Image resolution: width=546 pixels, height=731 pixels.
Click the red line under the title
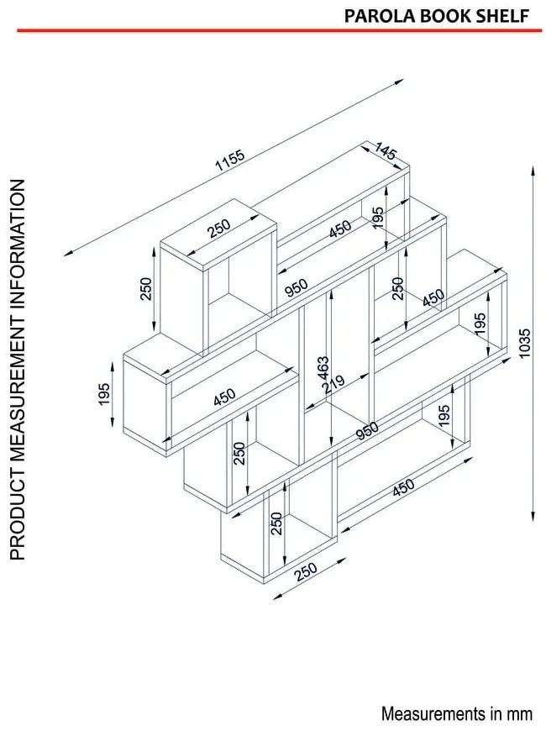[x=279, y=31]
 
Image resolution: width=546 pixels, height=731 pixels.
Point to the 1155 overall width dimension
[x=230, y=160]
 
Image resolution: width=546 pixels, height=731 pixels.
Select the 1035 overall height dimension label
[x=526, y=344]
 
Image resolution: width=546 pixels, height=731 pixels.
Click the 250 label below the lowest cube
[x=306, y=571]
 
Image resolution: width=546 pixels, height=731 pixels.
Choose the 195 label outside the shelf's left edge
[x=104, y=393]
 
